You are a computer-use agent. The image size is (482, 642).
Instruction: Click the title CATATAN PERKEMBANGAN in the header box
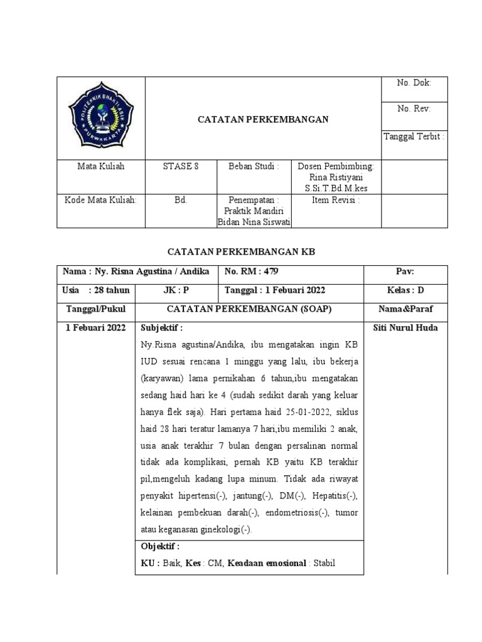pos(264,120)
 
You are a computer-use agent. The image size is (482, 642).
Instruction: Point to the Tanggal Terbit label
pos(414,136)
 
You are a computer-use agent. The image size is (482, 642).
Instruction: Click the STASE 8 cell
pos(181,167)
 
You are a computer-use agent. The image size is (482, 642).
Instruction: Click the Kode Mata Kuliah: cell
pos(100,201)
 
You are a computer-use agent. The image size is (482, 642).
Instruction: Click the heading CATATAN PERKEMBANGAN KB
pos(241,251)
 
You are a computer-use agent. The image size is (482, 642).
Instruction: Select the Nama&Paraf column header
pos(405,309)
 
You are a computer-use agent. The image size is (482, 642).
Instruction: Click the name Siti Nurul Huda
pos(405,328)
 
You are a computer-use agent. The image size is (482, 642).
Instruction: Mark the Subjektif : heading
pos(162,328)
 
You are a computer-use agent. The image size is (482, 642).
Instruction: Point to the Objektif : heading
pos(160,547)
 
